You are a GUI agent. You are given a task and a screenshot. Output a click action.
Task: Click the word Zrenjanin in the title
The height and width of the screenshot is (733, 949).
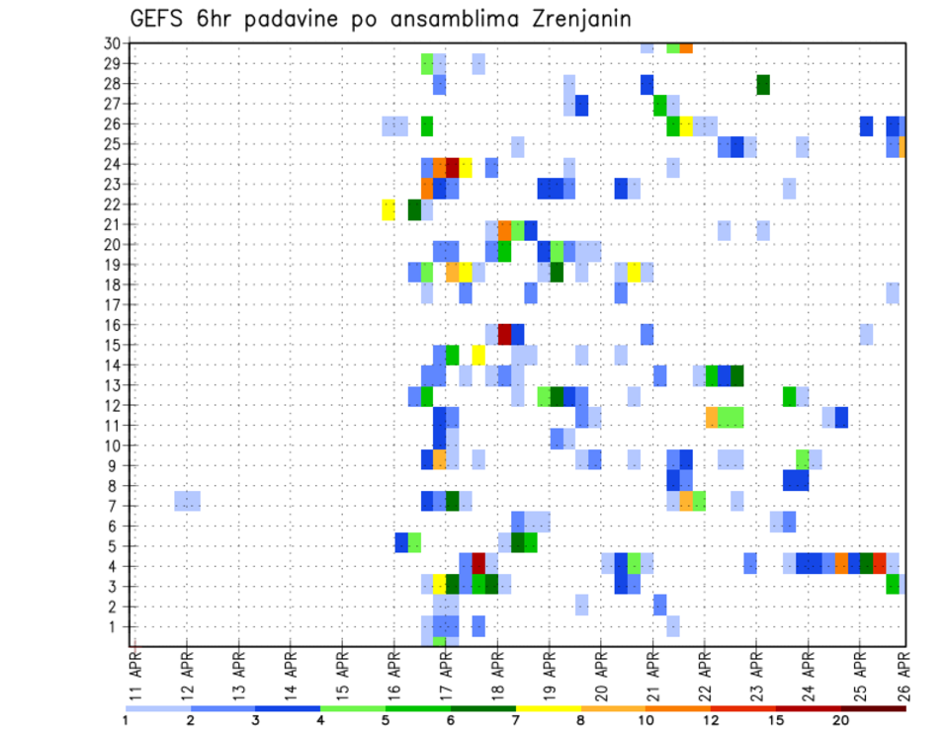tap(570, 19)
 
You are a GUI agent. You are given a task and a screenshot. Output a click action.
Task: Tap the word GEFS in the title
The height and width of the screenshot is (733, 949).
tap(161, 19)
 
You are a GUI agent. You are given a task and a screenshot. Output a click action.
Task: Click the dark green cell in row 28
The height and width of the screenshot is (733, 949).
tap(763, 84)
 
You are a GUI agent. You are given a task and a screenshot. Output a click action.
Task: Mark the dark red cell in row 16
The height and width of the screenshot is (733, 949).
tap(504, 333)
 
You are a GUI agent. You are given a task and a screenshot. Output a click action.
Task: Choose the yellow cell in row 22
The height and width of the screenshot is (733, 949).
tap(388, 209)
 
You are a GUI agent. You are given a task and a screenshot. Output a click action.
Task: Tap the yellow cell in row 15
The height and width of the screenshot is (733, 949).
tap(478, 354)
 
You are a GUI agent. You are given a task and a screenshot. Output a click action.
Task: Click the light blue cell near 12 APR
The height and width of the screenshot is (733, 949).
tap(188, 501)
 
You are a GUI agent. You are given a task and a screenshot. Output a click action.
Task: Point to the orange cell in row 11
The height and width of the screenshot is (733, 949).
tap(712, 417)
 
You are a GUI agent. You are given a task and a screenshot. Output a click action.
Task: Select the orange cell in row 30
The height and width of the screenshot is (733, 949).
tap(686, 46)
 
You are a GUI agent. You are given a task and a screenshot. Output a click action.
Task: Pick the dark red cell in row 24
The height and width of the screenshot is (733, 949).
tap(453, 166)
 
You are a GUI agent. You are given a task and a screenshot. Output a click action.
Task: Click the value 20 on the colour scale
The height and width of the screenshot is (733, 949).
tap(841, 720)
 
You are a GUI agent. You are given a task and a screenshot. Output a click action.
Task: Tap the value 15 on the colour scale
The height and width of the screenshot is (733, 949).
tap(777, 720)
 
